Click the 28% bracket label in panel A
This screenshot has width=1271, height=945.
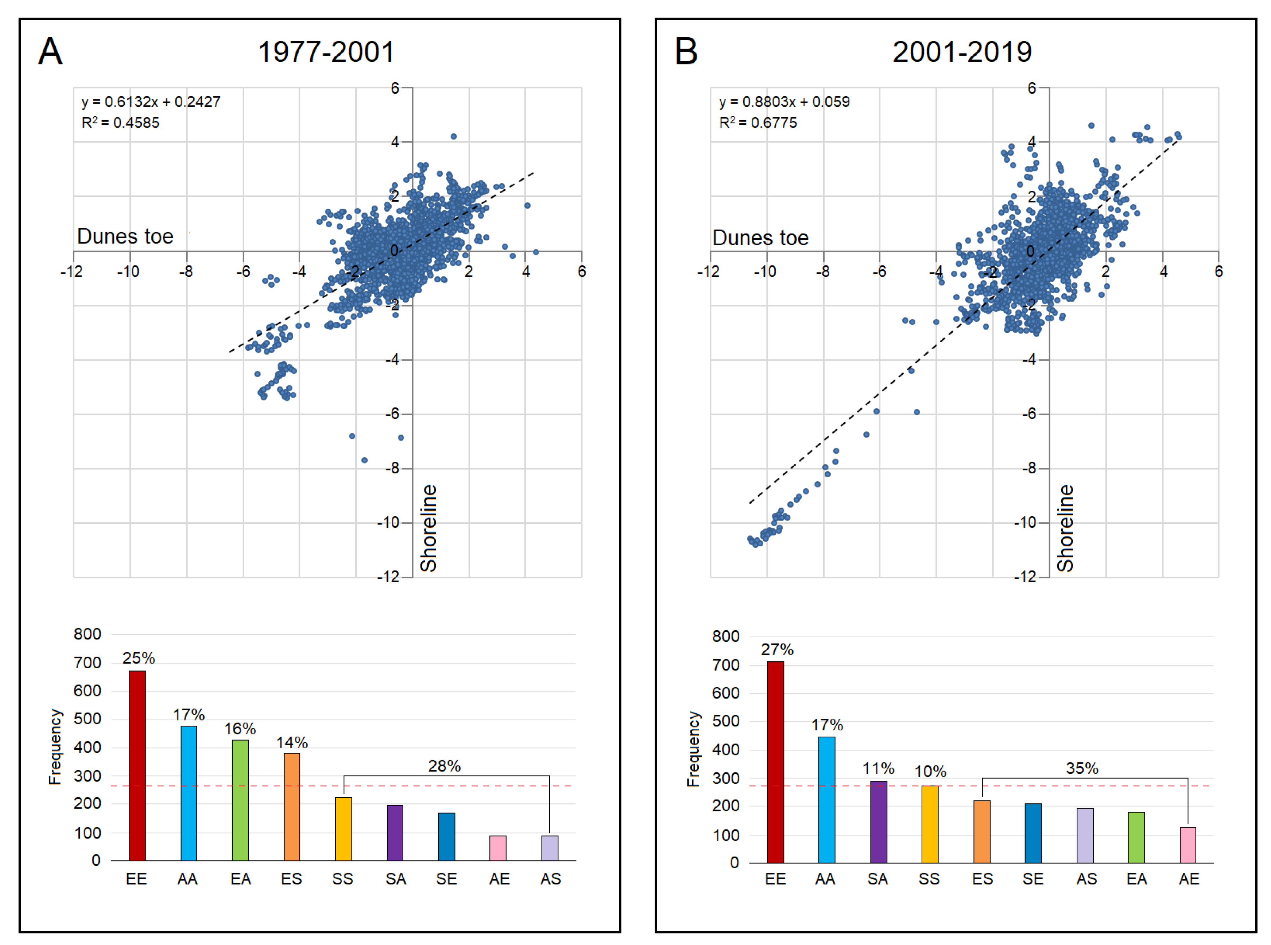pos(445,766)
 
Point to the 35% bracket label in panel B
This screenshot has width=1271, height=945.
pos(1082,768)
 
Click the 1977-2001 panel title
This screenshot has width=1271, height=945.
pos(326,52)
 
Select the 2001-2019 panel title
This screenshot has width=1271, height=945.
pos(962,52)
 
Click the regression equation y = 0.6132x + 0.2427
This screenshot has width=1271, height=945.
pos(151,102)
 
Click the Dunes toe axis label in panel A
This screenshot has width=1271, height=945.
pos(125,236)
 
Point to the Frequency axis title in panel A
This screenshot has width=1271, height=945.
pos(55,747)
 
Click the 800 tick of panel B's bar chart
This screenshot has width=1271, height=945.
pos(725,636)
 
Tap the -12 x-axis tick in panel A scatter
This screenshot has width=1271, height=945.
pos(72,271)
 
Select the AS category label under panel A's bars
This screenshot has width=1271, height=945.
pos(550,879)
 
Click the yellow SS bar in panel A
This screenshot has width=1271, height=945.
pos(343,829)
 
